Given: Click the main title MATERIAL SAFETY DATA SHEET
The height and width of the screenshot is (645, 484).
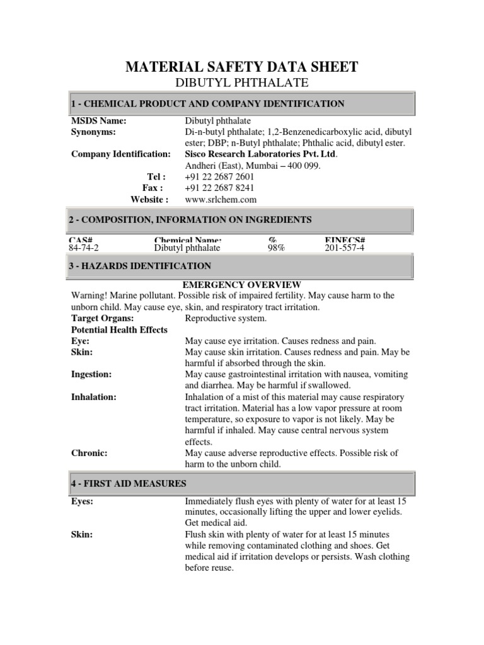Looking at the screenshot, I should (242, 67).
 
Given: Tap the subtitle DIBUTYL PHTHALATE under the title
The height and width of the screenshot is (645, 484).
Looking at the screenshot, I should (242, 83).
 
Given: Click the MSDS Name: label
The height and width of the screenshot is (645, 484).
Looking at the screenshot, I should (99, 120).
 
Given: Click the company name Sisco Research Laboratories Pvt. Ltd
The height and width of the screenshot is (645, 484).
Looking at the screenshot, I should (261, 154).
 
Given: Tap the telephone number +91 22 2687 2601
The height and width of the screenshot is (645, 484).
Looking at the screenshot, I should (220, 177).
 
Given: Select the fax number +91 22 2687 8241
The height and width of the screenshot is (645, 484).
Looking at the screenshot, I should (220, 188).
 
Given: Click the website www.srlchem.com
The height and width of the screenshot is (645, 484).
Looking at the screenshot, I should (221, 200).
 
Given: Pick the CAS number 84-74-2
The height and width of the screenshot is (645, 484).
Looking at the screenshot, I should (84, 248).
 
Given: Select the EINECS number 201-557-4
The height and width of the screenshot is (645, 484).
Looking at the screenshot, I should (344, 248).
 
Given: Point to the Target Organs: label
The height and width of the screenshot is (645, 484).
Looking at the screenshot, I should (102, 318).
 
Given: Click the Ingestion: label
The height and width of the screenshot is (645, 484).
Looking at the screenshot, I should (91, 374).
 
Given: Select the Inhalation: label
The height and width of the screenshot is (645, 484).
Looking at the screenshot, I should (94, 397).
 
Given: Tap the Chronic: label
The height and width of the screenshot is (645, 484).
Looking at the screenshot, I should (89, 453).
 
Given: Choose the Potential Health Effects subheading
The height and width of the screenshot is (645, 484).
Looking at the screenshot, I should (119, 329).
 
